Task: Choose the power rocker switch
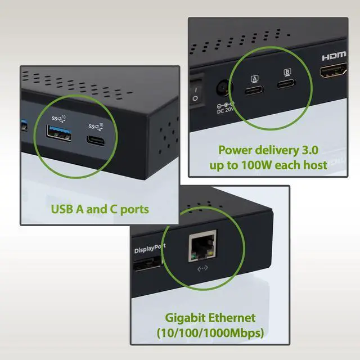(195, 92)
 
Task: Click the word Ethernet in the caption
(231, 318)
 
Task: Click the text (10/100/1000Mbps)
(210, 332)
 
